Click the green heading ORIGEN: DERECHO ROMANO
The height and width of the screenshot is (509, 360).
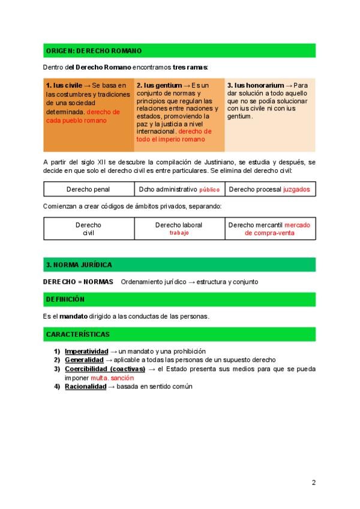click(94, 51)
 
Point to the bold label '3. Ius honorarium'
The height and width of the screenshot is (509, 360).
click(256, 85)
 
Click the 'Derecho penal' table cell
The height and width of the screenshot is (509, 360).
click(88, 190)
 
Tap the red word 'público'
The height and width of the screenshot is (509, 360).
click(209, 190)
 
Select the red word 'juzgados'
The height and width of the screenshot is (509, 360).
click(296, 190)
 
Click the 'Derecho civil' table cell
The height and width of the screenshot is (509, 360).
click(88, 229)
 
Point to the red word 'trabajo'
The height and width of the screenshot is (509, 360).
click(179, 233)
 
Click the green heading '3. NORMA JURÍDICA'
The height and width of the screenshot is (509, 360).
click(79, 265)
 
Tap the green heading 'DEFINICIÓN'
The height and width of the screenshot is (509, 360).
click(65, 299)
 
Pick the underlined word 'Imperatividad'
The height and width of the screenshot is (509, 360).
click(86, 351)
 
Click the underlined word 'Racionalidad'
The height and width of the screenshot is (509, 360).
click(85, 387)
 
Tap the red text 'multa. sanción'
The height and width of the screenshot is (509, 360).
click(112, 378)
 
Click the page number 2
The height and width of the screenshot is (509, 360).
click(313, 483)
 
